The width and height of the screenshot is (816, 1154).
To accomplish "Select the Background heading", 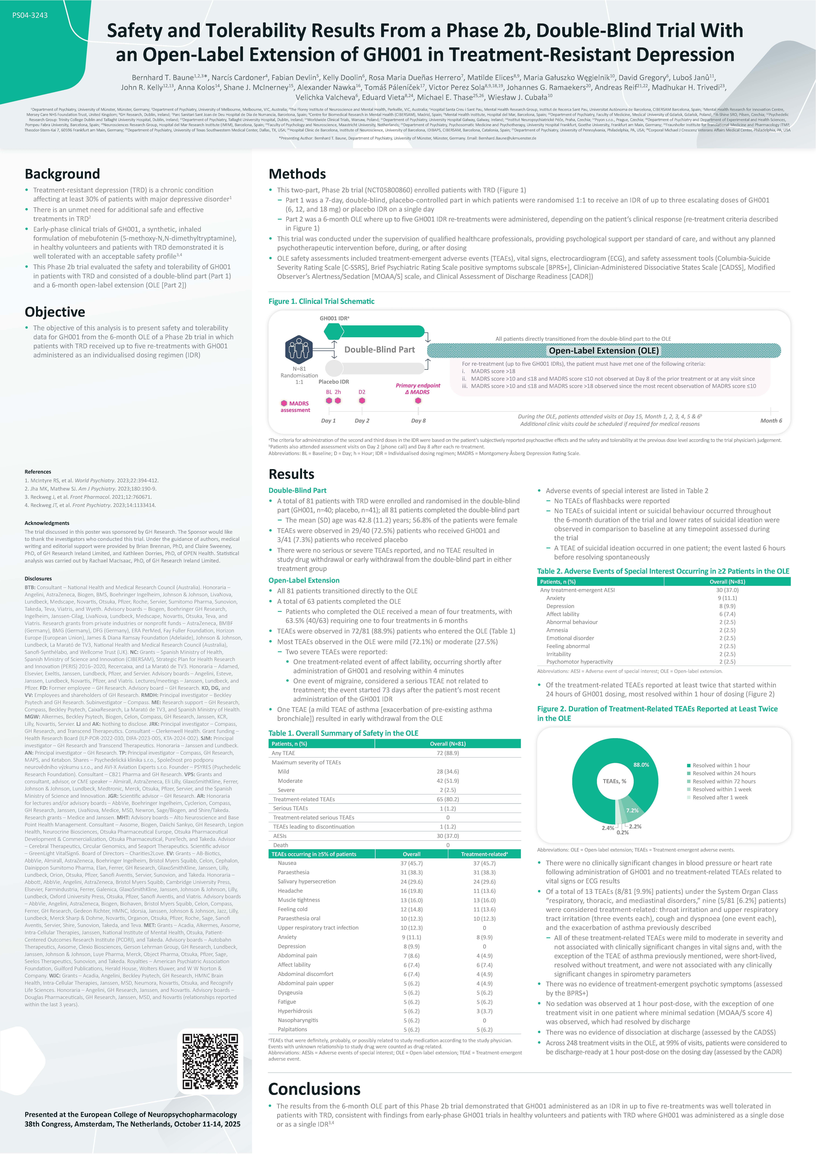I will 62,174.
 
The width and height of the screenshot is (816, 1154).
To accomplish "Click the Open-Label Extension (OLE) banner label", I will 603,350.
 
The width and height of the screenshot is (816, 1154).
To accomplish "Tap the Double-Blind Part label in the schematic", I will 380,350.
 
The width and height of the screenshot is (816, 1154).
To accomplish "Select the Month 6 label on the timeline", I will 771,421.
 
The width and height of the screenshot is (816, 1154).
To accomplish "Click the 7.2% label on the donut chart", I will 632,810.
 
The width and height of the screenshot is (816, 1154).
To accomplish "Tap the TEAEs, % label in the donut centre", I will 614,781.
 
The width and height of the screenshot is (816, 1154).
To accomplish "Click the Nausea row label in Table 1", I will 287,863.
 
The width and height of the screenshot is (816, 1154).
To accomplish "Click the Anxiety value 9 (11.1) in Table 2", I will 727,598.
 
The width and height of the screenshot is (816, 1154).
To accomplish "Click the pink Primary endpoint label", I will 418,386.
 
